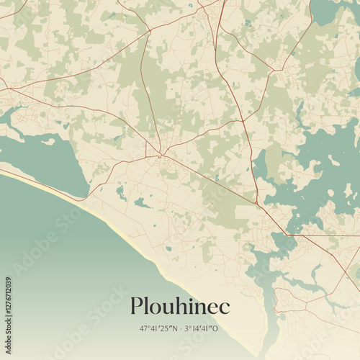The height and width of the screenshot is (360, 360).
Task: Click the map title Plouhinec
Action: point(180,306)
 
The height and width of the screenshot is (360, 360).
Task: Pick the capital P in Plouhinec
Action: point(137,306)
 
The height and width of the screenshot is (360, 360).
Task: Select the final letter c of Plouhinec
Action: point(225,307)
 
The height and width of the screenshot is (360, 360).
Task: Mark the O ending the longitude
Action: point(215,328)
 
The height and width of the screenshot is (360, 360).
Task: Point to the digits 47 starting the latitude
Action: point(144,328)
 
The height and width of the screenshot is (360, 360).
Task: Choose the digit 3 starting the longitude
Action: point(187,328)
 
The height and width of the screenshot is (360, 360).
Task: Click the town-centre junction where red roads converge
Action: point(161,154)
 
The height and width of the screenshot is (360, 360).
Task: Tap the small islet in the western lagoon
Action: point(49,142)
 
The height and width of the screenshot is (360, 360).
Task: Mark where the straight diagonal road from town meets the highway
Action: point(257,203)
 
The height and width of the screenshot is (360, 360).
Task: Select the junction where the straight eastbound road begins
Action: point(287,234)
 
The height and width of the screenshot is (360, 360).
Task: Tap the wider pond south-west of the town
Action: point(142,204)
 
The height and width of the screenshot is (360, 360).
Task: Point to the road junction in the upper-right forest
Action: point(276,70)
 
